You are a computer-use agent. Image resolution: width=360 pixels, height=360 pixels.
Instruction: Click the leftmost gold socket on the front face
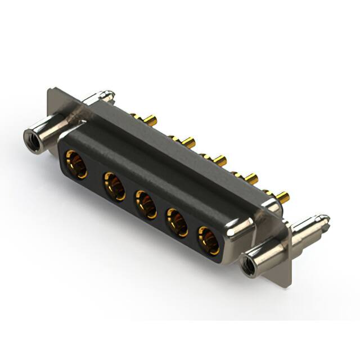click(76, 164)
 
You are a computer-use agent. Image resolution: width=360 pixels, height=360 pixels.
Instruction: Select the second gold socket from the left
click(114, 186)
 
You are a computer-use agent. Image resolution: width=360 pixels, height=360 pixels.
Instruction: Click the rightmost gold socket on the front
click(208, 238)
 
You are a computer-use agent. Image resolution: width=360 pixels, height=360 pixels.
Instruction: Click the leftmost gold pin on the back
click(150, 120)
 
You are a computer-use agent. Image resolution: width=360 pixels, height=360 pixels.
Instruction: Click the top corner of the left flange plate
click(51, 88)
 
